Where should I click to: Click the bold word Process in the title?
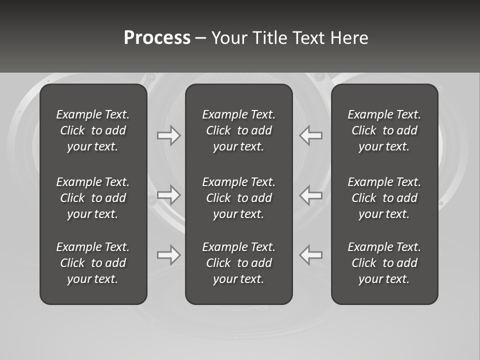pos(157,38)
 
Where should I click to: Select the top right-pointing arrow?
pos(168,135)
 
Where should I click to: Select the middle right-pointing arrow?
pos(168,195)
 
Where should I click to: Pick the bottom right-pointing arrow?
pos(168,255)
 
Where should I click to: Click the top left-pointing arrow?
pos(311,135)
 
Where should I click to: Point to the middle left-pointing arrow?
pos(311,195)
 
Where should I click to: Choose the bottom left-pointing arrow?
pos(311,255)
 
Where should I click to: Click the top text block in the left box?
pos(93,130)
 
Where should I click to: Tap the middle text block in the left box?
pos(93,198)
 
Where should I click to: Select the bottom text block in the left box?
pos(93,263)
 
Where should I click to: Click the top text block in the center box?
pos(238,130)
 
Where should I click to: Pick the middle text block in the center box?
pos(238,198)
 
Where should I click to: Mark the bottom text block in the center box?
pos(238,263)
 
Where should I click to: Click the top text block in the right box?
pos(384,130)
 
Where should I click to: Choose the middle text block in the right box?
pos(384,198)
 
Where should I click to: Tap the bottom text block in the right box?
pos(384,263)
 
